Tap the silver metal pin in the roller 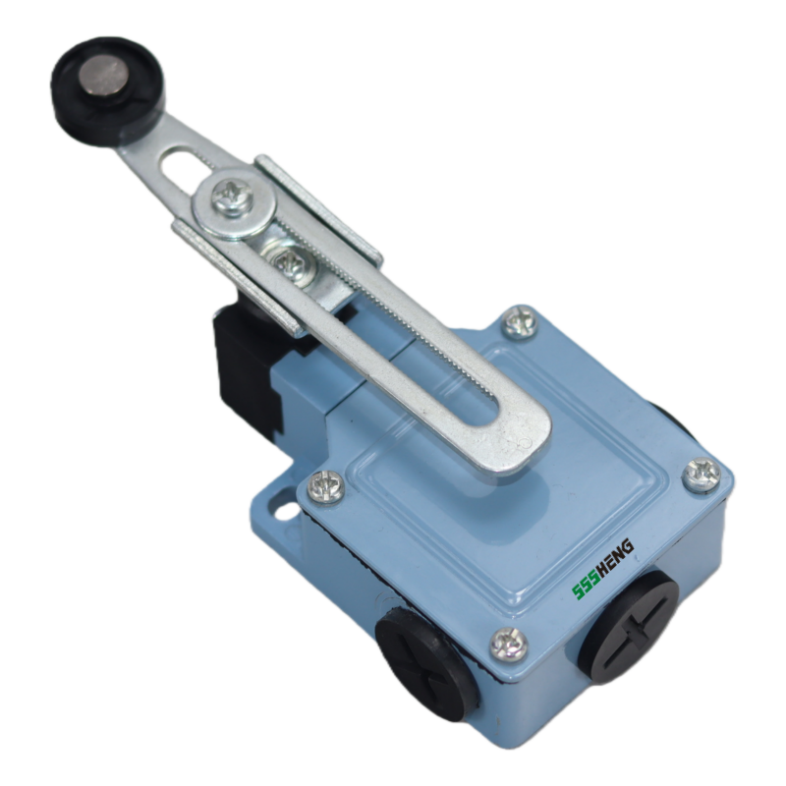click(104, 76)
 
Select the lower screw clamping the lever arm click(290, 263)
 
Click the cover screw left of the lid click(325, 486)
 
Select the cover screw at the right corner click(702, 474)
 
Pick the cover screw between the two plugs click(508, 645)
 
